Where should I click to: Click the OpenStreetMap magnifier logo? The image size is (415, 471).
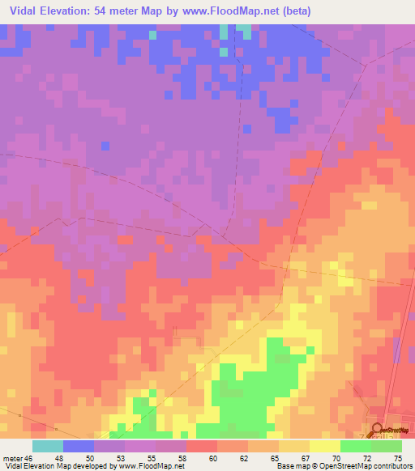pyautogui.click(x=378, y=429)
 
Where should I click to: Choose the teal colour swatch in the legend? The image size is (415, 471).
pyautogui.click(x=48, y=446)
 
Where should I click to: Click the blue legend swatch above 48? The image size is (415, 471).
pyautogui.click(x=79, y=446)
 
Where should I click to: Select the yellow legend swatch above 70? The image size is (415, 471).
pyautogui.click(x=325, y=446)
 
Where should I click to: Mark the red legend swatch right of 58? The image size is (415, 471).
pyautogui.click(x=202, y=446)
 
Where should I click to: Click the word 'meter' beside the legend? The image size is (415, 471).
pyautogui.click(x=11, y=458)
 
